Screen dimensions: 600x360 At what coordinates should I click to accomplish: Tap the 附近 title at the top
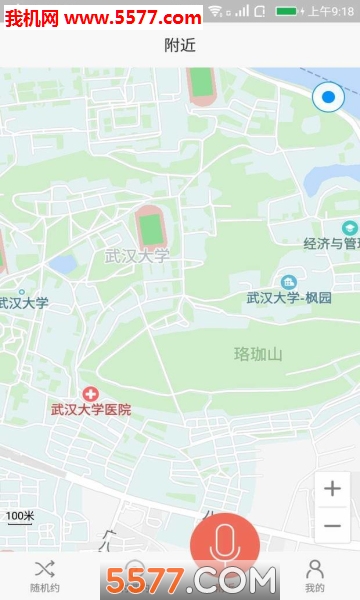[x=180, y=45]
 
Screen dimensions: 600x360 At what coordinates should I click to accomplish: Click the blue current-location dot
[x=328, y=98]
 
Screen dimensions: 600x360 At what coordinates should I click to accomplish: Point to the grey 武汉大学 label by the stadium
[x=137, y=256]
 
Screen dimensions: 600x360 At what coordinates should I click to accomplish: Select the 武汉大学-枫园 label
[x=289, y=298]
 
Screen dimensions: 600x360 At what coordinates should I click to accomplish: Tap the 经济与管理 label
[x=331, y=243]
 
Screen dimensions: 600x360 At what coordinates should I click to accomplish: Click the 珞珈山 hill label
[x=258, y=353]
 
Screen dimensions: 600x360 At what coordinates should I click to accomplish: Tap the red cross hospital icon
[x=91, y=393]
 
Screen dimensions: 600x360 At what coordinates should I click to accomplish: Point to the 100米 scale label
[x=20, y=516]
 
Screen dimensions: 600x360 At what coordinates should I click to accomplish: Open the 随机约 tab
[x=45, y=576]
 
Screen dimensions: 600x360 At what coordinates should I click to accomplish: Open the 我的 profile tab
[x=315, y=576]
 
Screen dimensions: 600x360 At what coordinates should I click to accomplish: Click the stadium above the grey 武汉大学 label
[x=150, y=227]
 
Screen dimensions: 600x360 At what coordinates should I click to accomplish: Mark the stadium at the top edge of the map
[x=201, y=84]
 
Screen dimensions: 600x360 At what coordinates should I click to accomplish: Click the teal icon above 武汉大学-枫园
[x=289, y=281]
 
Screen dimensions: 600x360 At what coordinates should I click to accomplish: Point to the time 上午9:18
[x=331, y=11]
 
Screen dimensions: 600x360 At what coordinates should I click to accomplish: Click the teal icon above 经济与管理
[x=349, y=227]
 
